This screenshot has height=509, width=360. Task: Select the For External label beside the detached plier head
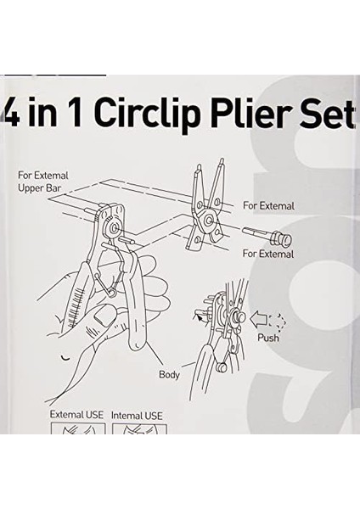tap(268, 206)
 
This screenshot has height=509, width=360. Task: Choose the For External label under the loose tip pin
tap(268, 254)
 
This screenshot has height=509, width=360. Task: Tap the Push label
tap(268, 338)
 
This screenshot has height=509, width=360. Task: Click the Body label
tap(169, 374)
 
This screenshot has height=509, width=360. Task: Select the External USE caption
tap(76, 415)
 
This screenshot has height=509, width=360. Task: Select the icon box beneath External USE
tap(76, 428)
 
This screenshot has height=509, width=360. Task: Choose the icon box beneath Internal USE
tap(138, 428)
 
